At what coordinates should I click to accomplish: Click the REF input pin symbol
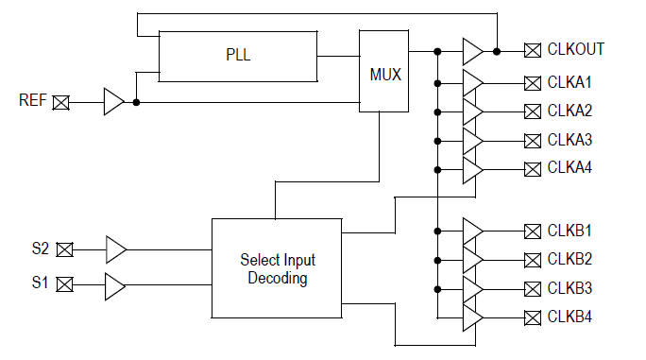coord(61,102)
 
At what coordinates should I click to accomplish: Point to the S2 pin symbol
coord(64,249)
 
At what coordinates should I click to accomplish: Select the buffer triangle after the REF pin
coord(113,102)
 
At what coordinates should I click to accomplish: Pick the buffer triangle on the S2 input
coord(115,249)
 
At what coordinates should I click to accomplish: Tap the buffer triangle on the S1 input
coord(115,284)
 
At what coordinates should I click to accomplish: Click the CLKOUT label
coord(576,49)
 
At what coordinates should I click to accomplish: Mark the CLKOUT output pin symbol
coord(532,50)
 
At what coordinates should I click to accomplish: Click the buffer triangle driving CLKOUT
coord(472,50)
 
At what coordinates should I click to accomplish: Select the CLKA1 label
coord(569,82)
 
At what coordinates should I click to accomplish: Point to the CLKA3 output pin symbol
coord(532,141)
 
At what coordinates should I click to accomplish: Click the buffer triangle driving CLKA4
coord(472,170)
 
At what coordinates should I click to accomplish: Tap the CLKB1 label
coord(569,230)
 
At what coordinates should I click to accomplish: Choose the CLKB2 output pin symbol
coord(532,259)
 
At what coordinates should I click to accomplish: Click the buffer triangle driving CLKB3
coord(472,288)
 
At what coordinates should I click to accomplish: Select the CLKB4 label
coord(569,317)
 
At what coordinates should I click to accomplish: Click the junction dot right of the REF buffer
coord(137,102)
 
